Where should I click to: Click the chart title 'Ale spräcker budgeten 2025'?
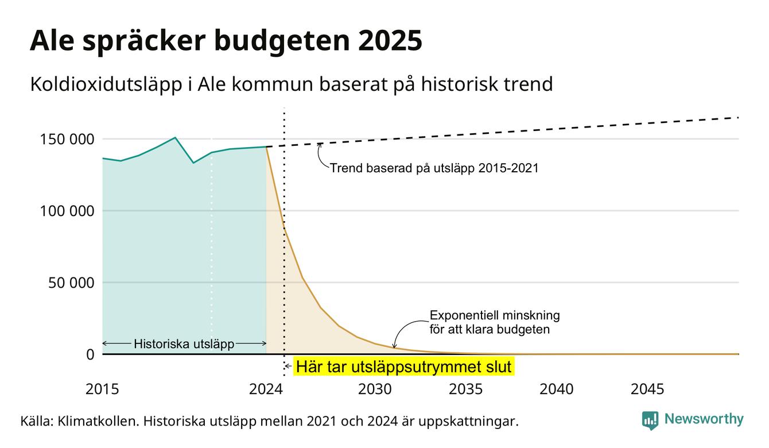pyautogui.click(x=226, y=41)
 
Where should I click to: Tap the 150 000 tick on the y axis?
pyautogui.click(x=67, y=140)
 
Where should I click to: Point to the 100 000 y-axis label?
pyautogui.click(x=67, y=211)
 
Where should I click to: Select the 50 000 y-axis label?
pyautogui.click(x=71, y=283)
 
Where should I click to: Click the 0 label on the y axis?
pyautogui.click(x=90, y=354)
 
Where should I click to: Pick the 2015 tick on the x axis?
pyautogui.click(x=102, y=389)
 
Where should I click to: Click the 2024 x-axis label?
pyautogui.click(x=266, y=389)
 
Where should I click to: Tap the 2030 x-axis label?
pyautogui.click(x=375, y=389)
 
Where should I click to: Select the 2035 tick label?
pyautogui.click(x=466, y=389)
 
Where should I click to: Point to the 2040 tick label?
pyautogui.click(x=557, y=389)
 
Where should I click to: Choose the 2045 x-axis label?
pyautogui.click(x=647, y=389)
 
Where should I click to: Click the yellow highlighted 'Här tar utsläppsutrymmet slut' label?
pyautogui.click(x=404, y=366)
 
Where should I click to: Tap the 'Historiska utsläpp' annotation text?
pyautogui.click(x=184, y=344)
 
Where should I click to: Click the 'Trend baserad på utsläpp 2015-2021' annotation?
pyautogui.click(x=434, y=168)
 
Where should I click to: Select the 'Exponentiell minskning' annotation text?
pyautogui.click(x=495, y=315)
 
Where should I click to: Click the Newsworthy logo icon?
pyautogui.click(x=650, y=420)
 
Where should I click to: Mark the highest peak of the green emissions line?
pyautogui.click(x=175, y=137)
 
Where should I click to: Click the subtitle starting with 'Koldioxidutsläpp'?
pyautogui.click(x=292, y=84)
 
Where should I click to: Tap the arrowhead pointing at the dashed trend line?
pyautogui.click(x=320, y=145)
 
